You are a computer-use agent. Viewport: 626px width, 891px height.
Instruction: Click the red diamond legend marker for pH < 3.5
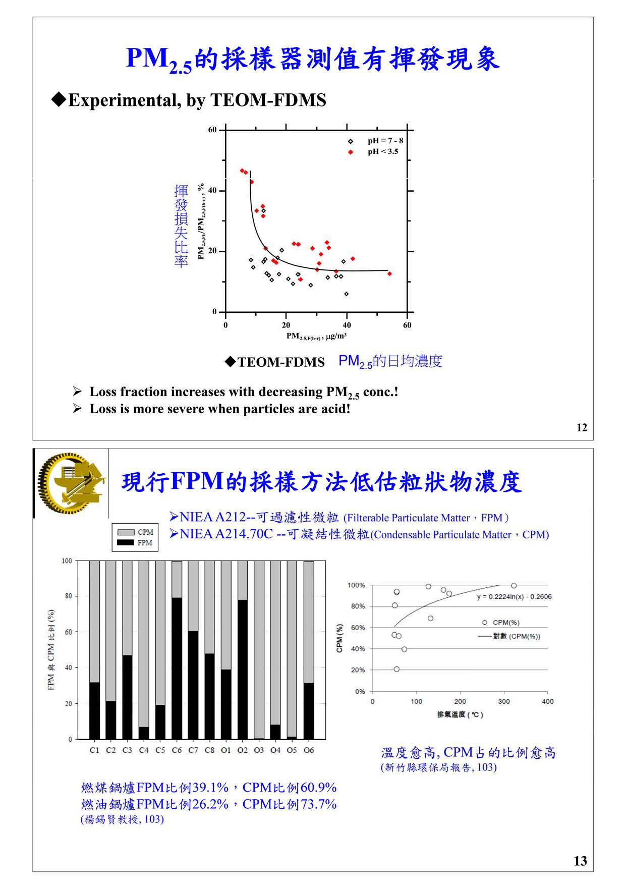pos(351,152)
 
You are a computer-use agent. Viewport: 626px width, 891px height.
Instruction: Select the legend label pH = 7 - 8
pos(385,141)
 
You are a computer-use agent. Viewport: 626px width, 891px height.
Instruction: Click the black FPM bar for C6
pos(177,669)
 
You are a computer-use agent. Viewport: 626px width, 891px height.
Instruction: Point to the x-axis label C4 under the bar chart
pos(144,750)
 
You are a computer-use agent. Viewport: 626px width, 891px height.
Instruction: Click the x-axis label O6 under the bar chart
pos(309,750)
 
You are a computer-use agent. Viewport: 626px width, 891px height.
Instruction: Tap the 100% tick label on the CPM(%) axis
pos(356,585)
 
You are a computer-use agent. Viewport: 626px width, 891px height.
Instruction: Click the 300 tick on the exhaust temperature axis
pos(504,701)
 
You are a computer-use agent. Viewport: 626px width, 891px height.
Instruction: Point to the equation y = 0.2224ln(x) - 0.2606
pos(514,597)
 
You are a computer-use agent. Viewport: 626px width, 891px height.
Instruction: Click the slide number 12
pos(582,428)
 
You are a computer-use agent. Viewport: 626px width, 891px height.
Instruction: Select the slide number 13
pos(580,861)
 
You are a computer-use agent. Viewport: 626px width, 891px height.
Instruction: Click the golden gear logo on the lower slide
pos(71,483)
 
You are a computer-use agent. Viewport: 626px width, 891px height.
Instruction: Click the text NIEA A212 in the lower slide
pos(212,517)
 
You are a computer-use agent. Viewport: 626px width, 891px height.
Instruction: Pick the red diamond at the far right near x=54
pos(389,273)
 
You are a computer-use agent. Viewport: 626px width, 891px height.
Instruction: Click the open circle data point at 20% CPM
pos(396,669)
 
